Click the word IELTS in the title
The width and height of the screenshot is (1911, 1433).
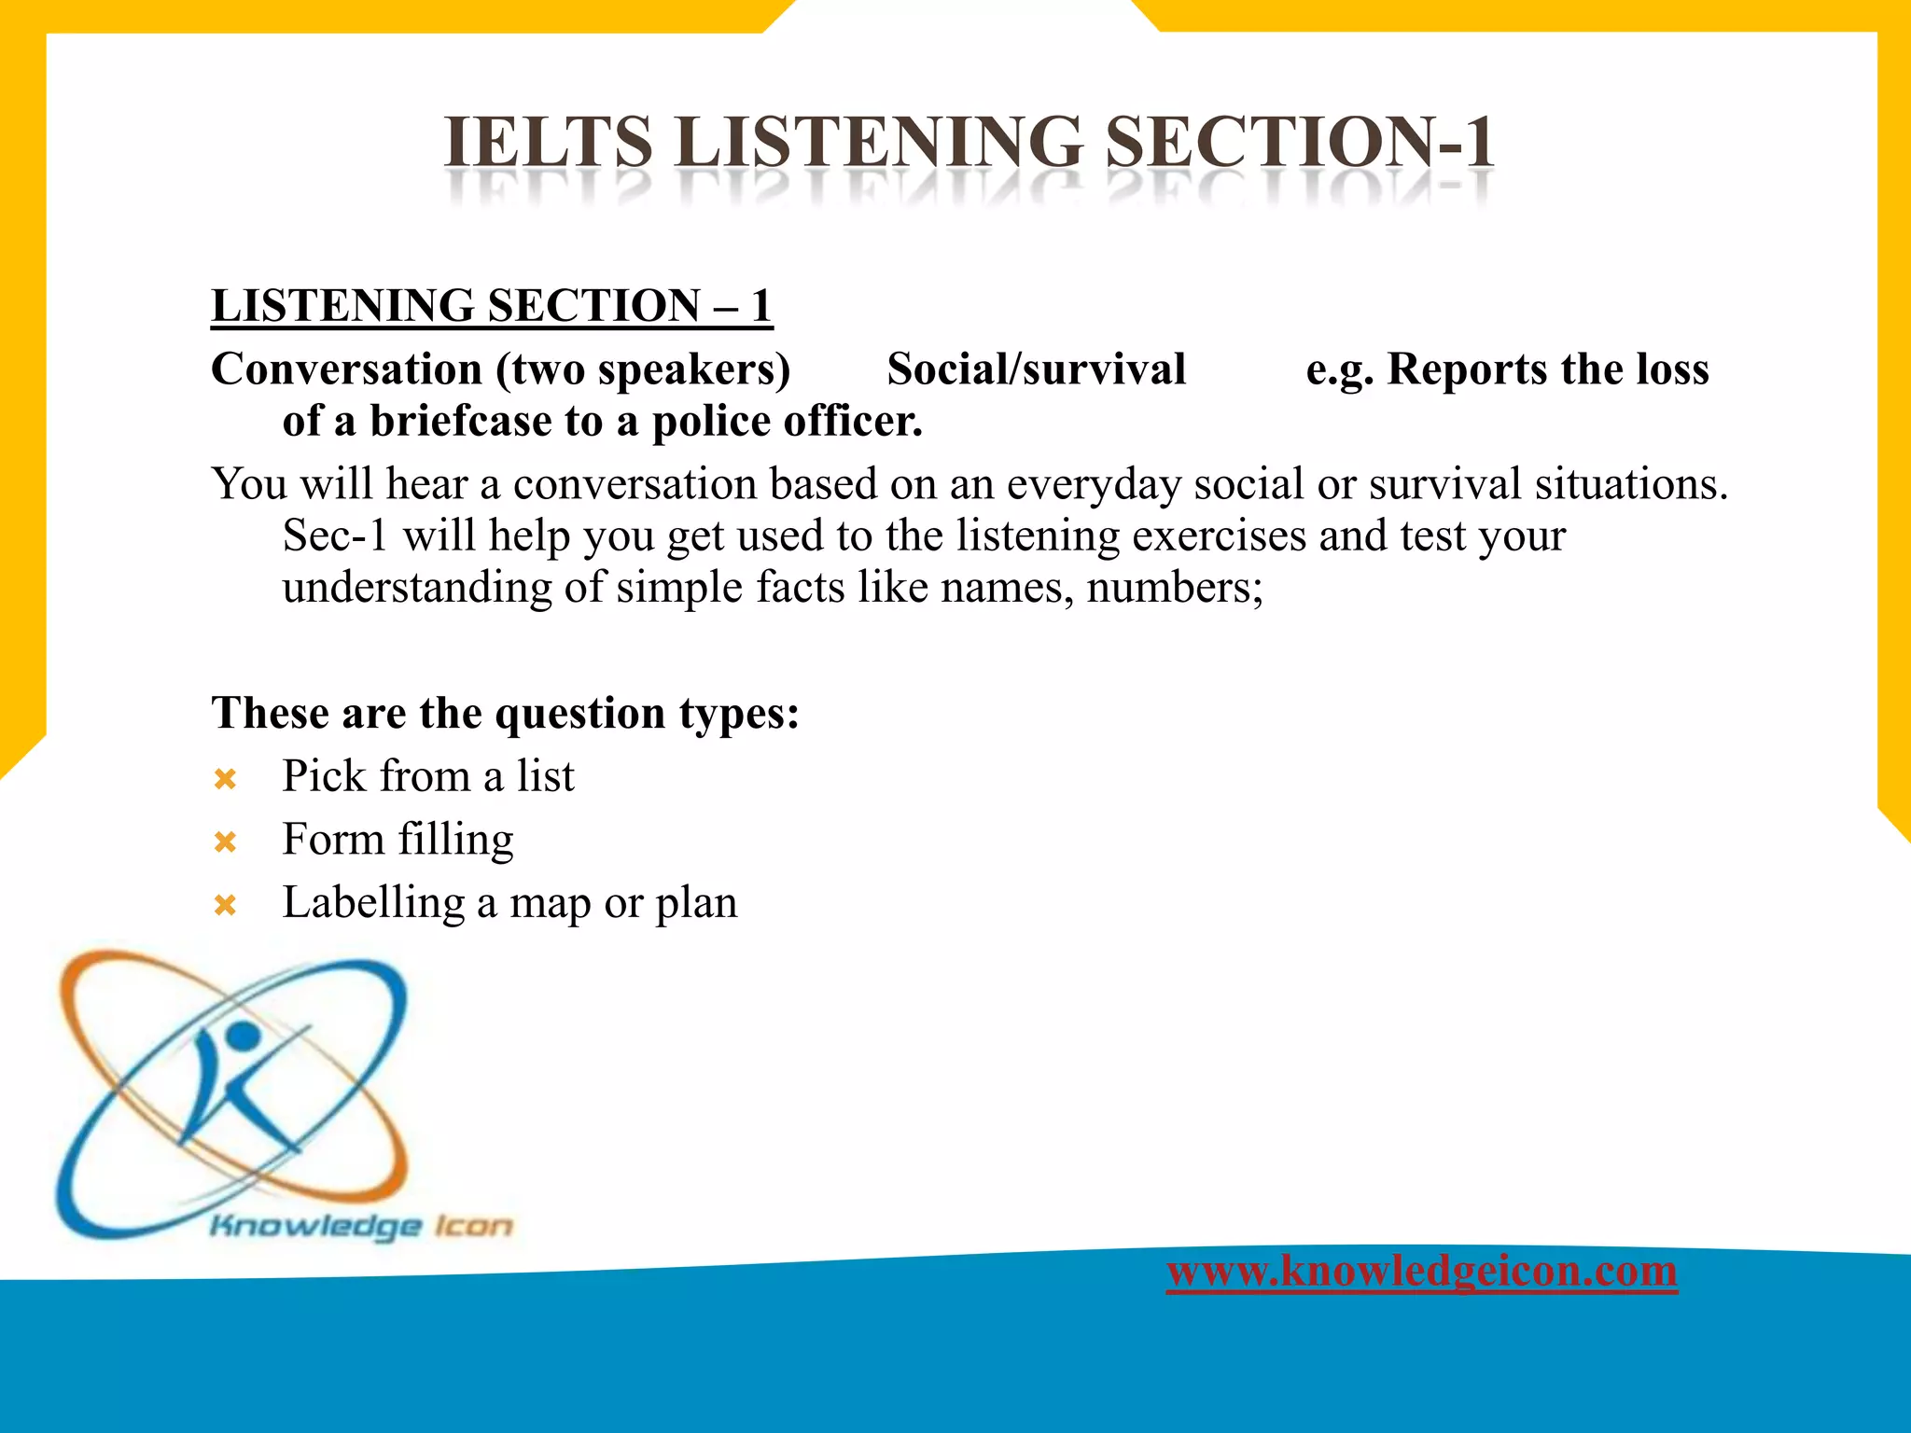548,143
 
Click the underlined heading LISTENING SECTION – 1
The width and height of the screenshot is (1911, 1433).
492,306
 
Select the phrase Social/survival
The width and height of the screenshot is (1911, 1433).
1036,369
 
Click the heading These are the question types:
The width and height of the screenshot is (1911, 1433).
505,713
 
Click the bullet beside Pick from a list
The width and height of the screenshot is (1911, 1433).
225,779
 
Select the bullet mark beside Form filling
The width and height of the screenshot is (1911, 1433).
225,842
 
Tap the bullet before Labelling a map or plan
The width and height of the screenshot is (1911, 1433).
225,905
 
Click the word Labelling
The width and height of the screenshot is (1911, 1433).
373,902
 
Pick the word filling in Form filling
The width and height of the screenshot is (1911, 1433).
456,840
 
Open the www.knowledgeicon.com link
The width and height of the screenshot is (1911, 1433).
1421,1271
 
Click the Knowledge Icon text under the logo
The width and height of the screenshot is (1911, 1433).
361,1225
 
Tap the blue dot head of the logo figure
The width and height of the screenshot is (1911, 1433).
243,1035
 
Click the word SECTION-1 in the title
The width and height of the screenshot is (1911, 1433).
1299,143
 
